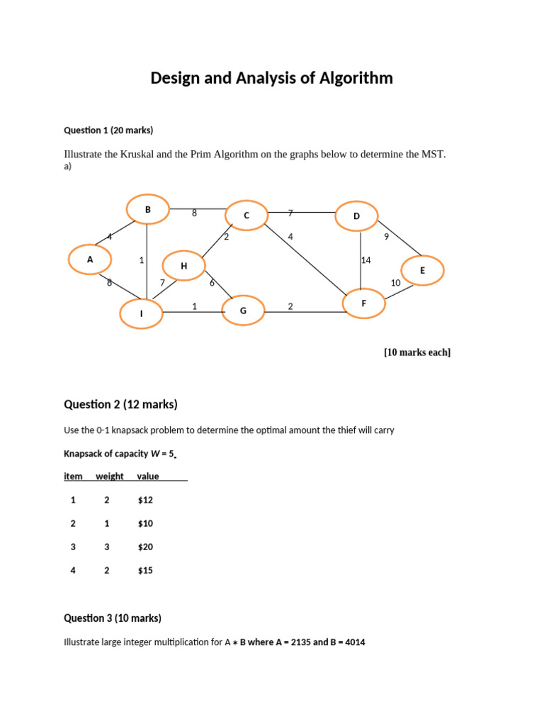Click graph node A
(x=90, y=259)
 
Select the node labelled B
(x=148, y=209)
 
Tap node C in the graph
(x=246, y=216)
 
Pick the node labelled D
(x=357, y=216)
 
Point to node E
(x=422, y=270)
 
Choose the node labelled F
(x=363, y=303)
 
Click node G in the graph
(x=243, y=311)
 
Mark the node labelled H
(x=183, y=266)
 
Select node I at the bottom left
(x=141, y=313)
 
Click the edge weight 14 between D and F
(x=366, y=260)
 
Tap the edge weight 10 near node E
(x=396, y=283)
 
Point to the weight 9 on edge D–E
(x=386, y=237)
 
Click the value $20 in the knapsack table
(x=145, y=547)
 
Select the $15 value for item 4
(x=145, y=570)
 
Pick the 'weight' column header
(x=110, y=476)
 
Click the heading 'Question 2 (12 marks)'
(x=120, y=405)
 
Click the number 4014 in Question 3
(x=353, y=642)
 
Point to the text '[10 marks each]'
(x=417, y=352)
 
